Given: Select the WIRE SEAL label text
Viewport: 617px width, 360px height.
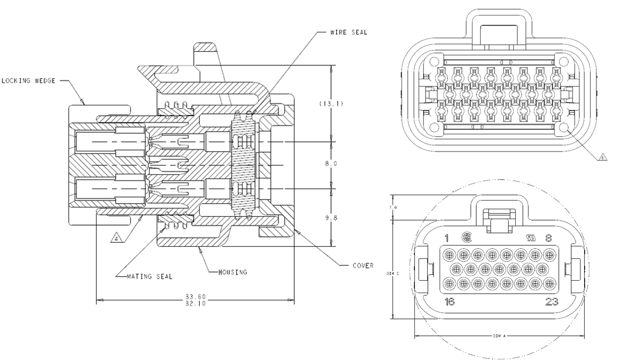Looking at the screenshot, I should [350, 32].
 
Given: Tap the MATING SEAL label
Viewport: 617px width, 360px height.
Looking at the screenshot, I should [150, 276].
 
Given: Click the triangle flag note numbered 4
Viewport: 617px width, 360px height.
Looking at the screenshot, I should [117, 238].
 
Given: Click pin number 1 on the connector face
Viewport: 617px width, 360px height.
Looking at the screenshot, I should [447, 238].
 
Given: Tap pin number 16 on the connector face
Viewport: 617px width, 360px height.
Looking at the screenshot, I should [449, 302].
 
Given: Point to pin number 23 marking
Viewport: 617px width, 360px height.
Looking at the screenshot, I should [551, 302].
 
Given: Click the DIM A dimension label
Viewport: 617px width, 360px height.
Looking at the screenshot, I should [499, 335].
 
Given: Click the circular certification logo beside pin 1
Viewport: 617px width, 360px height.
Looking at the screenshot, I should [467, 238].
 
